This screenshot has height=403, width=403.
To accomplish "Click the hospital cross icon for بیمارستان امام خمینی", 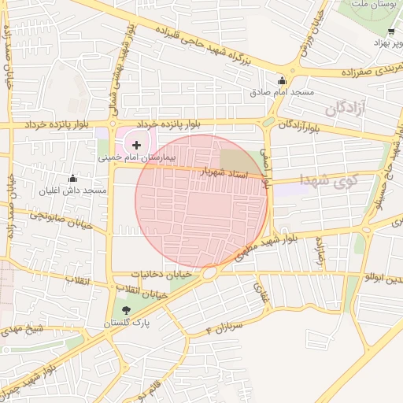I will pyautogui.click(x=137, y=145).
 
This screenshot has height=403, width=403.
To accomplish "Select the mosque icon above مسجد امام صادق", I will pyautogui.click(x=282, y=80).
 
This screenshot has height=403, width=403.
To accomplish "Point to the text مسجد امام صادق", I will pyautogui.click(x=282, y=93).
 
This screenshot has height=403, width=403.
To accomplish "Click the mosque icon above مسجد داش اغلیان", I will pyautogui.click(x=73, y=179).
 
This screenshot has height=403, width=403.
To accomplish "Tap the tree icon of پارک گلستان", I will pyautogui.click(x=127, y=310).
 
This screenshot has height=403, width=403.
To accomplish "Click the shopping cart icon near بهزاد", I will pyautogui.click(x=391, y=32).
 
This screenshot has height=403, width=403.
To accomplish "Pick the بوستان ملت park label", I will pyautogui.click(x=373, y=6).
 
